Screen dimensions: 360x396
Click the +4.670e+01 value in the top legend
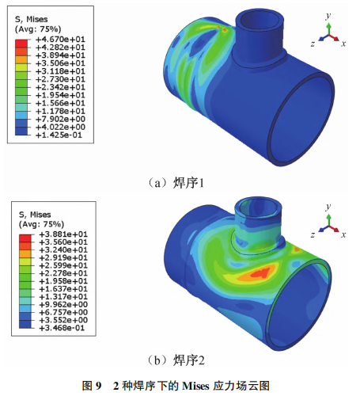pos(60,40)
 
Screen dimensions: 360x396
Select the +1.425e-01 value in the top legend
pos(59,135)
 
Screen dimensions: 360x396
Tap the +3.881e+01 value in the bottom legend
pos(63,234)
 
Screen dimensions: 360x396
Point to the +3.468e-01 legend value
pos(62,328)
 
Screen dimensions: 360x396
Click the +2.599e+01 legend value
pos(63,265)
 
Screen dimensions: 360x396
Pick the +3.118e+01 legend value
pos(60,71)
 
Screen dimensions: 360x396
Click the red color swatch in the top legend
pos(21,44)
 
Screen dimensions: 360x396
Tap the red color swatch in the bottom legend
pos(25,238)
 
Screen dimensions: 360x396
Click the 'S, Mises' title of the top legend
pos(32,19)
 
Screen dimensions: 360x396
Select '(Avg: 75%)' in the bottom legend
pos(41,224)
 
